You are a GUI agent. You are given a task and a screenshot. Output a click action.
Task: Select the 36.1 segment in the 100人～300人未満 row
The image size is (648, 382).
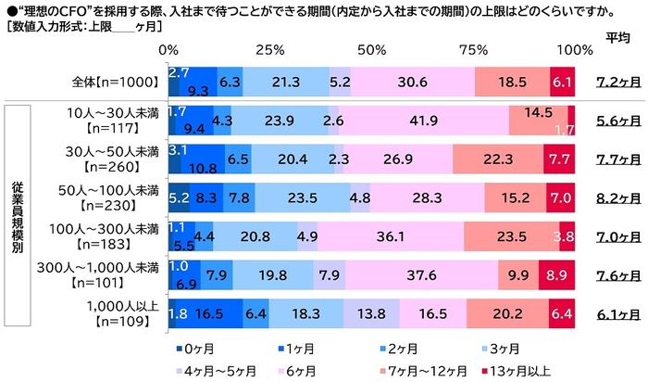click(x=403, y=236)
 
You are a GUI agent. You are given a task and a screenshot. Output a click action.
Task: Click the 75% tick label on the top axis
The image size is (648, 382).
click(x=475, y=48)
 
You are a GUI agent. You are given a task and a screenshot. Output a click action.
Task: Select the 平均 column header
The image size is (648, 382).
click(x=618, y=37)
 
